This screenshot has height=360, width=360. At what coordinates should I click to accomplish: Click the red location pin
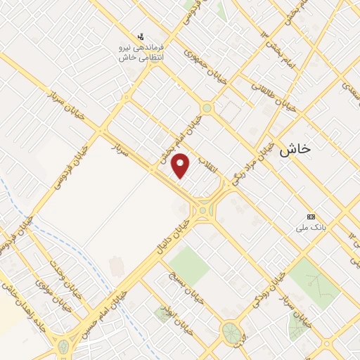[x=181, y=165]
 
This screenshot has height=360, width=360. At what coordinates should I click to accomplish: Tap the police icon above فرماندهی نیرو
[x=141, y=35]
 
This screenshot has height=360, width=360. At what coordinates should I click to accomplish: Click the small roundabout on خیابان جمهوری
[x=207, y=108]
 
